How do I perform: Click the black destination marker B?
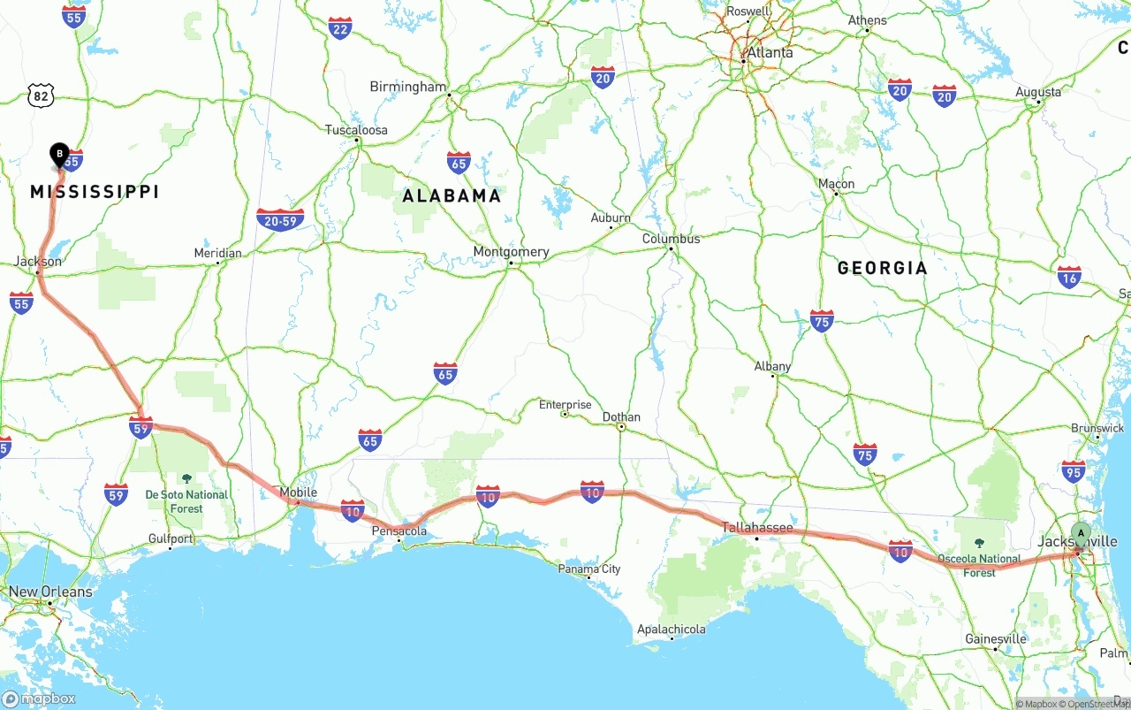coord(59,156)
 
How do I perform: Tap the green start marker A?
coord(1080,533)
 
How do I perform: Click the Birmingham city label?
coord(408,87)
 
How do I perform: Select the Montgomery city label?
coord(511,252)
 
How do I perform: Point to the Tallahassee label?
coord(757,528)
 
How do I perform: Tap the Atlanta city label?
coord(769,53)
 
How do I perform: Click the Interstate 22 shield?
coord(339,28)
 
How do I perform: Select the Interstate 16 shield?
coord(1069,277)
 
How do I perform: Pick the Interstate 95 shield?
coord(1074,471)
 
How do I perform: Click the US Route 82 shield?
coord(41,95)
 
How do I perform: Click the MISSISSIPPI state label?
coord(95,192)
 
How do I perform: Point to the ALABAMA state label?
coord(452,196)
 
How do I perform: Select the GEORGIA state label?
coord(882,268)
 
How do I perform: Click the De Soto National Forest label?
coord(186,501)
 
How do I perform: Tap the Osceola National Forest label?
coord(979,565)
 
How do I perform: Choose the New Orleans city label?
coord(49,592)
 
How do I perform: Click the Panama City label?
coord(588,569)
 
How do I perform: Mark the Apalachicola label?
coord(672,630)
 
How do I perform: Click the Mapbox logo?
coord(39,699)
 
